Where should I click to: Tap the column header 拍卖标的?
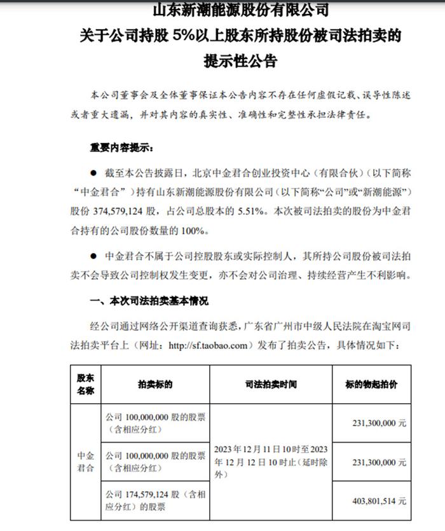(155, 385)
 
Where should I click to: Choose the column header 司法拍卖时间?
(270, 385)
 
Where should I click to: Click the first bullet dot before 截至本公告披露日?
(93, 172)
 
